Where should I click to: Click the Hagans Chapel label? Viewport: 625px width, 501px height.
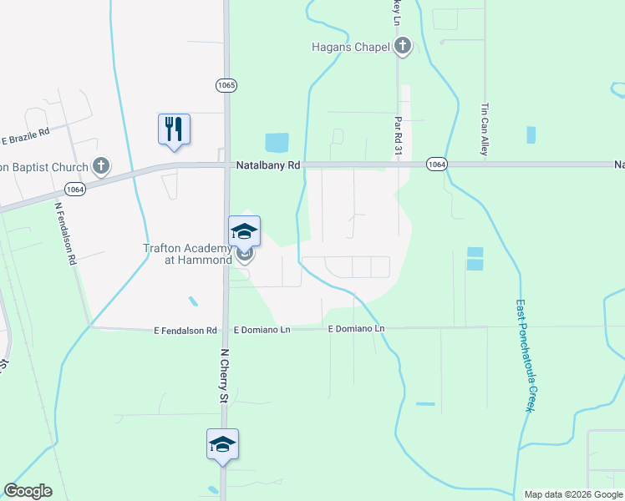coord(351,47)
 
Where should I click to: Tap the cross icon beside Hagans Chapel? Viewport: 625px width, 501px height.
coord(403,46)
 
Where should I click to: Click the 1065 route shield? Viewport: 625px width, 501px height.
coord(226,85)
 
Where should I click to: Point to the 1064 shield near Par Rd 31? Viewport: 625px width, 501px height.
coord(435,164)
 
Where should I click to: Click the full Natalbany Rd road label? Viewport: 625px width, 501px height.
coord(267,165)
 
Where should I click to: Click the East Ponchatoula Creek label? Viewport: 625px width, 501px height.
coord(524,355)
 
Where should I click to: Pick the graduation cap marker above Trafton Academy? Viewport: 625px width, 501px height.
coord(244,231)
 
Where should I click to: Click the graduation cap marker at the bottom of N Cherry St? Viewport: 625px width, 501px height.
coord(223,444)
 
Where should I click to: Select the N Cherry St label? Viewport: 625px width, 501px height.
coord(223,375)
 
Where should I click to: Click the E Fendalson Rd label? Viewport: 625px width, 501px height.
coord(185,331)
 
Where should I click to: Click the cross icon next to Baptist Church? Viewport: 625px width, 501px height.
coord(101,166)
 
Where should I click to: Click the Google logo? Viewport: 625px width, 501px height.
coord(28,491)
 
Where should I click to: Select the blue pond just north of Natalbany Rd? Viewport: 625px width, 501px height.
coord(277,143)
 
